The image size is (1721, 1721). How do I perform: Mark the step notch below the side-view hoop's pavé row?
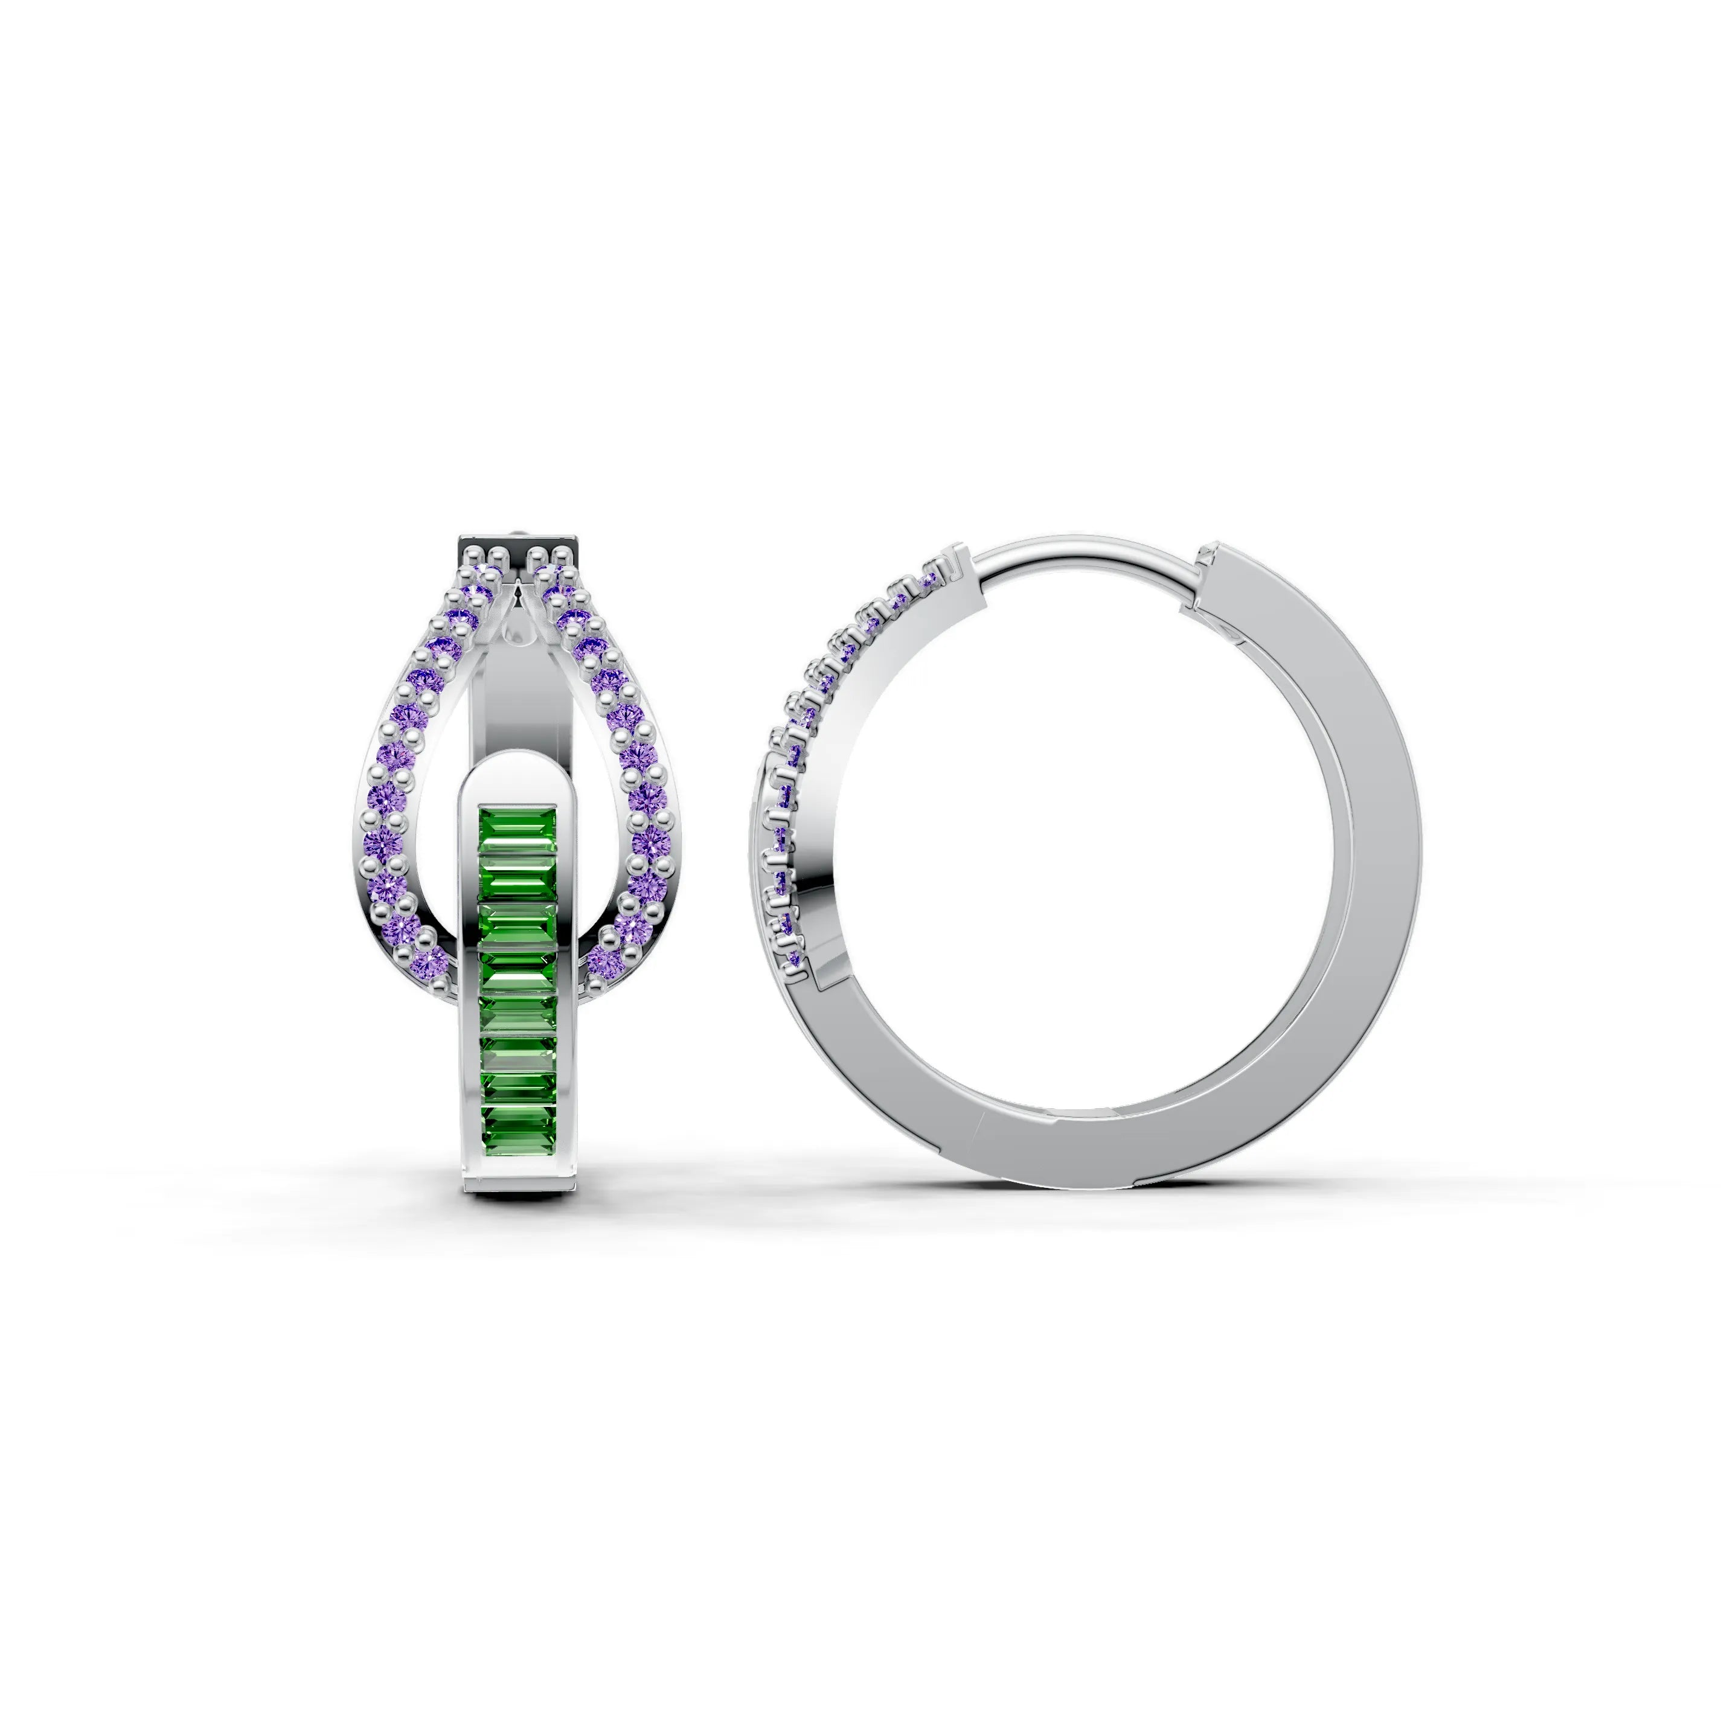812,980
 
